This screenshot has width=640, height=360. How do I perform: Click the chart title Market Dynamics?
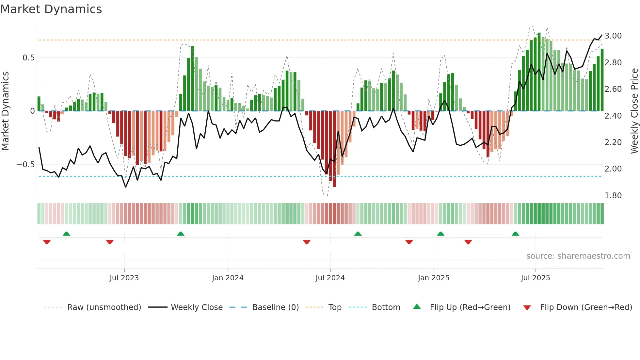tap(51, 9)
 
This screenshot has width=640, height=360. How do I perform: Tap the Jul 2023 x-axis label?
tap(124, 278)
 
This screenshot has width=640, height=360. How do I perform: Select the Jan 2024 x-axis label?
tap(228, 278)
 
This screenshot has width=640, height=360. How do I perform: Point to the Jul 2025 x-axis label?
tap(535, 278)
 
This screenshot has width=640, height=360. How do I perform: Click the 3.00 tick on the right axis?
tap(613, 36)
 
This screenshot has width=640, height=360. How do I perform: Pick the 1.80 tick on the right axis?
tap(613, 196)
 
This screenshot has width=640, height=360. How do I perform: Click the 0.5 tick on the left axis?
tap(28, 58)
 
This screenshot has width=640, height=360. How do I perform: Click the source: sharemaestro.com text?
tap(578, 256)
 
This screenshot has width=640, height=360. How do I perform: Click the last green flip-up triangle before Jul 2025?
tap(515, 234)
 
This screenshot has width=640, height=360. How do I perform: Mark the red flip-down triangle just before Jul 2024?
tap(307, 242)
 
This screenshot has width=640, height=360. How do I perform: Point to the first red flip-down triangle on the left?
tap(47, 242)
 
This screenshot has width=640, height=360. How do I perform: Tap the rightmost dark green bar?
tap(602, 80)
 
